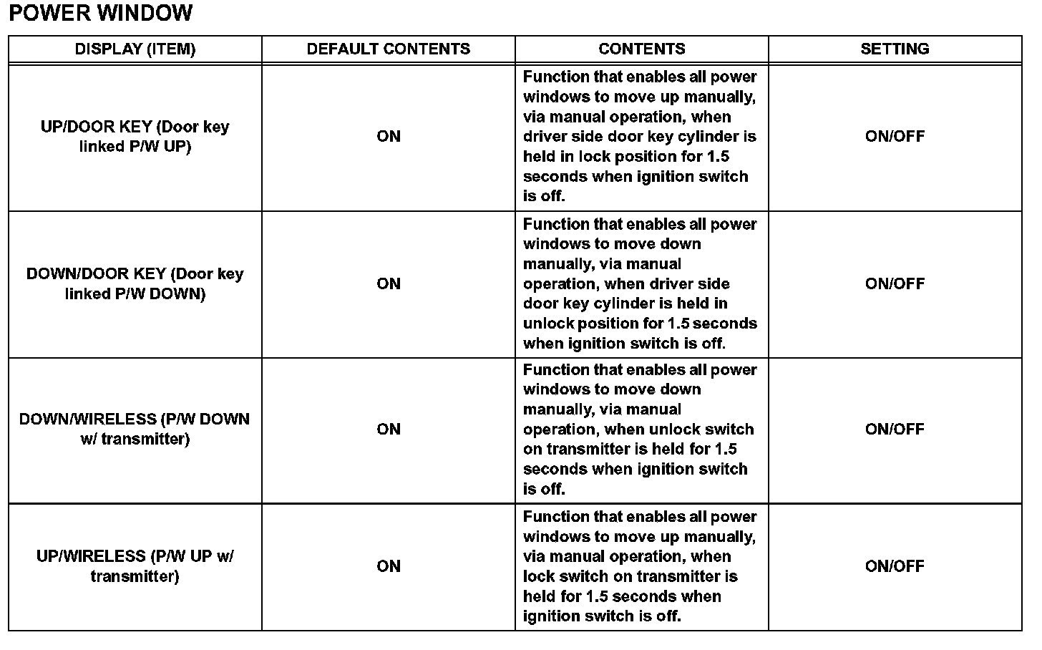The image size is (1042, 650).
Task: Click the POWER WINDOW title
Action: click(101, 13)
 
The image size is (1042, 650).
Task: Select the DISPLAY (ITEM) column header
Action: click(135, 49)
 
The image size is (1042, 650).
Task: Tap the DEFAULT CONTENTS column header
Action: click(389, 49)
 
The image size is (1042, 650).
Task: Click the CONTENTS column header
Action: click(642, 49)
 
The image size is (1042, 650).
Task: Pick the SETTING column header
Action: click(895, 49)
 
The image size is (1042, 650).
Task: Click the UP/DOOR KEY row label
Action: click(135, 136)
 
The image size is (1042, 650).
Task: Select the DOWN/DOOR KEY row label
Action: click(135, 283)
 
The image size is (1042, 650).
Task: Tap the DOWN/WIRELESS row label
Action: click(135, 429)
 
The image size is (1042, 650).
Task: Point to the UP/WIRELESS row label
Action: click(135, 566)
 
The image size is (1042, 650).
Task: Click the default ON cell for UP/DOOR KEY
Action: click(389, 136)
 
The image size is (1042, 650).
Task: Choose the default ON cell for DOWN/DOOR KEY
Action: click(389, 283)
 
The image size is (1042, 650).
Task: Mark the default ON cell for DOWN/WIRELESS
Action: click(389, 429)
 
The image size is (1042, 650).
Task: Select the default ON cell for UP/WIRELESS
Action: click(389, 566)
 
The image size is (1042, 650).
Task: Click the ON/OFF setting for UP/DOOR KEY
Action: click(895, 136)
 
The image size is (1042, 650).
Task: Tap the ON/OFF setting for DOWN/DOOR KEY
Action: click(895, 283)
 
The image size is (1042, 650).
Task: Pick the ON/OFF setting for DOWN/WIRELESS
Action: click(895, 429)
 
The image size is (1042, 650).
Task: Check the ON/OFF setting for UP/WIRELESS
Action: click(895, 566)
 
